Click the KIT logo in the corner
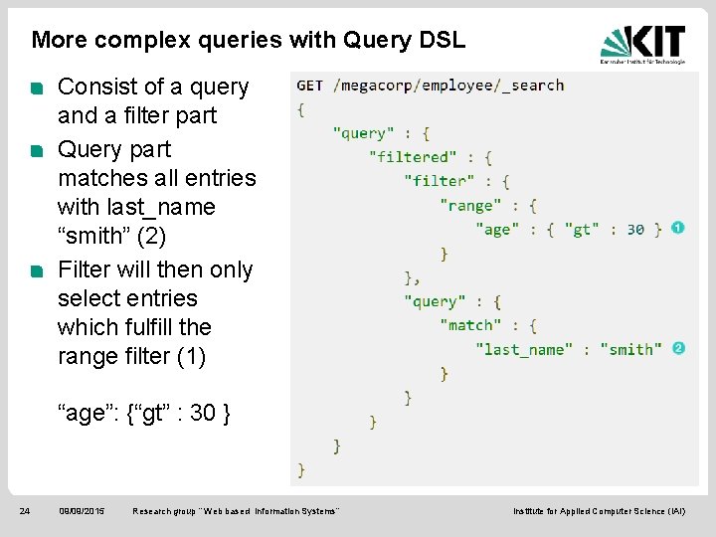coord(642,43)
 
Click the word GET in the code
coord(309,86)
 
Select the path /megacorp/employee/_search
coord(449,86)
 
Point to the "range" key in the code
coord(471,206)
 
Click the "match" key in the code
coord(471,325)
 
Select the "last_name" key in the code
coord(524,349)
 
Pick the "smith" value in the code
coord(630,349)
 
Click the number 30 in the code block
coord(634,230)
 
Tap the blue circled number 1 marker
coord(678,228)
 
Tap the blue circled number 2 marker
coord(678,348)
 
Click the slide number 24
coord(25,511)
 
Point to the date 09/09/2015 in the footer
coord(82,511)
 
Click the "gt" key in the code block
coord(582,230)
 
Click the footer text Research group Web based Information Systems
coord(236,511)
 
